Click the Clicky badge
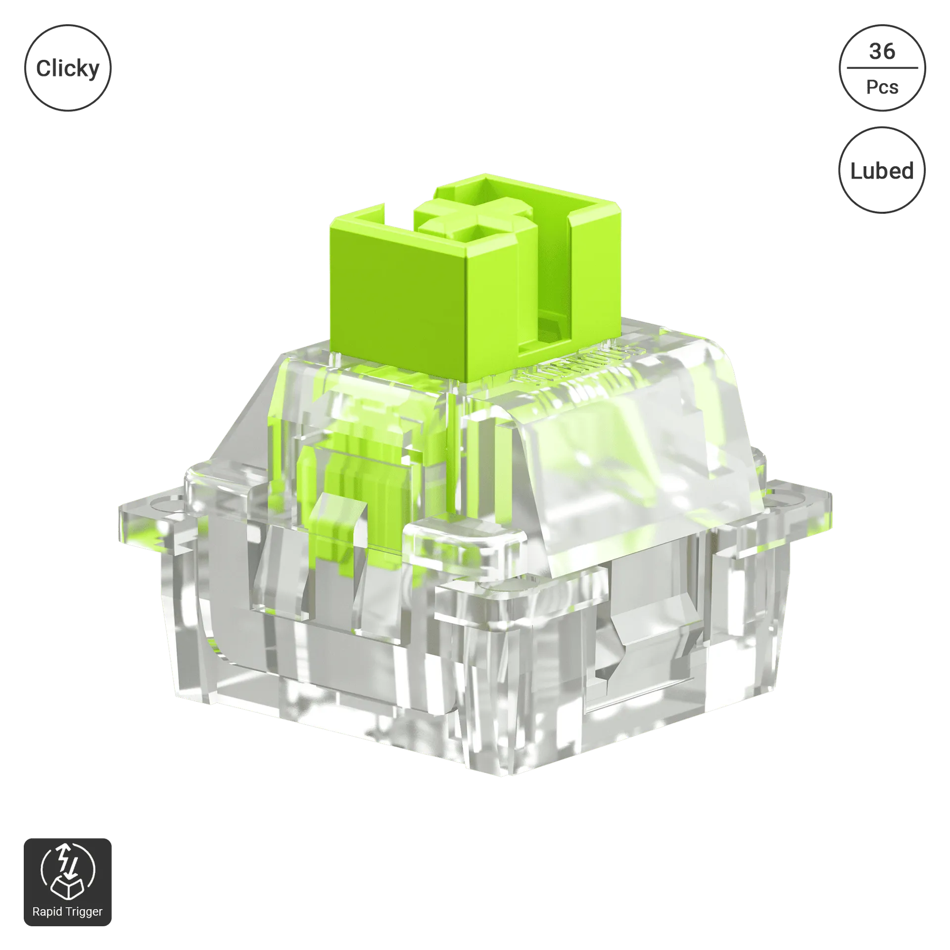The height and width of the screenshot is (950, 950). [68, 68]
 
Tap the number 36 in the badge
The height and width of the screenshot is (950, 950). [882, 51]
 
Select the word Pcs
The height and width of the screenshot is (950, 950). [882, 87]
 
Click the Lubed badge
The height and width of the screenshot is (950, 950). [882, 170]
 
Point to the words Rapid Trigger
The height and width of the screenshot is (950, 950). [67, 911]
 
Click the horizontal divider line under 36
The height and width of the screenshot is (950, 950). [882, 68]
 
